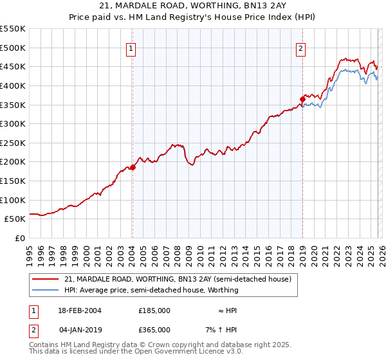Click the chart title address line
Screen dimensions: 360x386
pyautogui.click(x=193, y=6)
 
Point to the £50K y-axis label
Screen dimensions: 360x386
pyautogui.click(x=15, y=219)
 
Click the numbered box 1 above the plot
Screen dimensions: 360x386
pyautogui.click(x=131, y=48)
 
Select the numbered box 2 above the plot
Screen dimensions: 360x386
pyautogui.click(x=301, y=48)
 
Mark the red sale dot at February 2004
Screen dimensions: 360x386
pyautogui.click(x=133, y=167)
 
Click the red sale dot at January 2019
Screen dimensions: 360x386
pyautogui.click(x=302, y=99)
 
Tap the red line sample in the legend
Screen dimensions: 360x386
pyautogui.click(x=46, y=280)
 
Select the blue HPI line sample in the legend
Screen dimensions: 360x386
pyautogui.click(x=46, y=291)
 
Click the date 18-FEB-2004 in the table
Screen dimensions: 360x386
pyautogui.click(x=78, y=310)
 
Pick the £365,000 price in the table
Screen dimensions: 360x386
pyautogui.click(x=154, y=330)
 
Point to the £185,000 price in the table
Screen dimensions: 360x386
pyautogui.click(x=154, y=310)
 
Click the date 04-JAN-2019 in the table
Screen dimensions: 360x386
pyautogui.click(x=78, y=330)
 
